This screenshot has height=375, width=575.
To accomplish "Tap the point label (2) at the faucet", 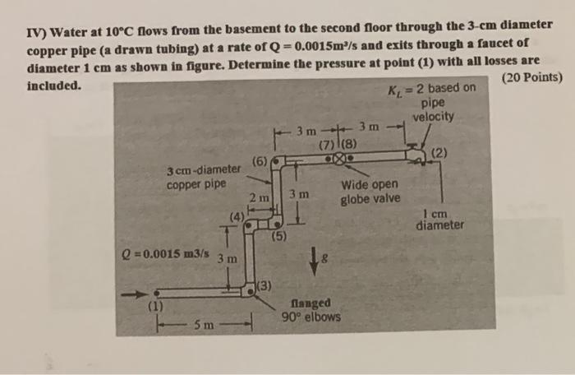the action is [439, 152].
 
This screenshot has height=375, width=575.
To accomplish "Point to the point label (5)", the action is [279, 238].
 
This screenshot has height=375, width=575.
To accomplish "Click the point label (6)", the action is [260, 161].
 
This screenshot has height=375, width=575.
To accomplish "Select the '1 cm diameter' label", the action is [439, 220].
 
